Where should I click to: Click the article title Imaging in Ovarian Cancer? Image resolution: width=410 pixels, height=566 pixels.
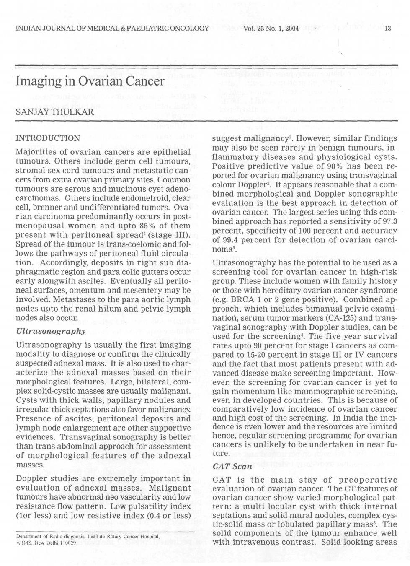point(90,81)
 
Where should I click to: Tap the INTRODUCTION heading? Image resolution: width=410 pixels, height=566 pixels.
point(48,138)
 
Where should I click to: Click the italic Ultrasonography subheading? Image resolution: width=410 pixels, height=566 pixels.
point(50,331)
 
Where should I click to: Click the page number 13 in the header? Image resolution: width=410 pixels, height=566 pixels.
point(387,29)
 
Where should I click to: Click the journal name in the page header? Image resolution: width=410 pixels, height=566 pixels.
point(112,29)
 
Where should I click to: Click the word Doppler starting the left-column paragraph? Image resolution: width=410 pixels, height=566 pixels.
point(31,479)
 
